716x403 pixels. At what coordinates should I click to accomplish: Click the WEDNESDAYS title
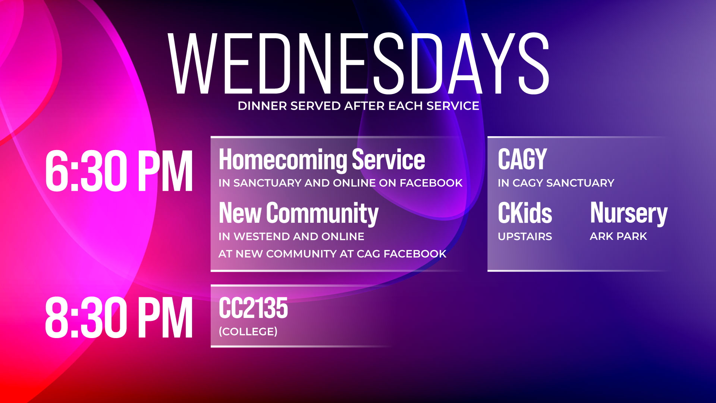click(358, 63)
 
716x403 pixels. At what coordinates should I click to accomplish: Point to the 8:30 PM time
click(119, 318)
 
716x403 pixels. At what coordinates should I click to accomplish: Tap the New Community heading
click(298, 213)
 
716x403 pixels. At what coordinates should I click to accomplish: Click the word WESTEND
click(261, 237)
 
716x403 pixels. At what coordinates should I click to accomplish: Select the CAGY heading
click(522, 159)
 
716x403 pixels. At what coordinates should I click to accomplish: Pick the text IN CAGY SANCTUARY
click(556, 183)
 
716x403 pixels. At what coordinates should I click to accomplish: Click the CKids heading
click(525, 213)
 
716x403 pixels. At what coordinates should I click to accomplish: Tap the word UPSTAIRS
click(525, 237)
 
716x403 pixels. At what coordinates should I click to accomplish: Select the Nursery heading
click(628, 213)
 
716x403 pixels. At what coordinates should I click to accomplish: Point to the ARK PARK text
click(618, 236)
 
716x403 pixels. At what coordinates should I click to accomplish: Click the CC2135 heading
click(253, 308)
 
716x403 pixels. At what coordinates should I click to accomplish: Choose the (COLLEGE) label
click(248, 331)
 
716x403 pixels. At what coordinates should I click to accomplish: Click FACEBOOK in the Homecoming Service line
click(431, 183)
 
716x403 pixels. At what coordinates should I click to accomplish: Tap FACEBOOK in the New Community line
click(415, 254)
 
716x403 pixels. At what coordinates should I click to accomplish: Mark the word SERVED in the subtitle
click(315, 106)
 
